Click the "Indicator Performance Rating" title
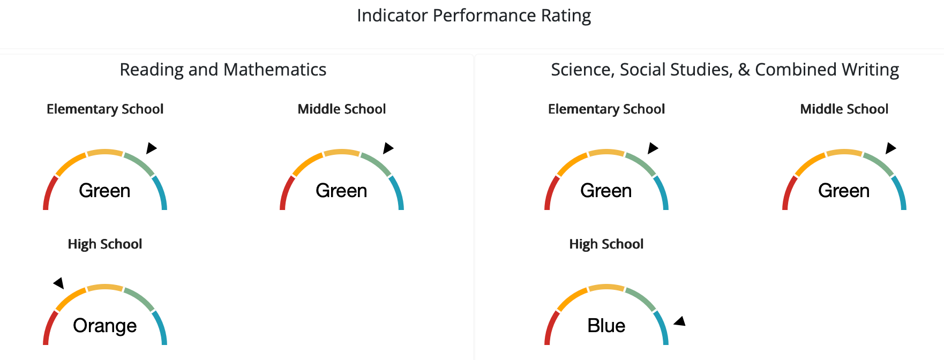point(474,16)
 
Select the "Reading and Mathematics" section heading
point(223,70)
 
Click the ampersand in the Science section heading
point(744,70)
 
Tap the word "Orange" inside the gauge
point(105,326)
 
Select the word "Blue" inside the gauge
point(606,326)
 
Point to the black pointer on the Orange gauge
point(59,283)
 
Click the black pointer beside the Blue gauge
point(680,321)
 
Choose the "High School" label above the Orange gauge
point(105,244)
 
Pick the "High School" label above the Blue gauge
point(606,244)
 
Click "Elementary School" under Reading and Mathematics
point(105,109)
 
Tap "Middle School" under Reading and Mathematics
point(342,109)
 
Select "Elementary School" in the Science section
point(606,109)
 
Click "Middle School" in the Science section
point(844,109)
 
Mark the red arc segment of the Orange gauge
point(49,327)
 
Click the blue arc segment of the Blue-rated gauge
point(663,327)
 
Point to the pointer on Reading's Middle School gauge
point(388,148)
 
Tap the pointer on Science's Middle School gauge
point(891,148)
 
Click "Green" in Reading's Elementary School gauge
point(105,191)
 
